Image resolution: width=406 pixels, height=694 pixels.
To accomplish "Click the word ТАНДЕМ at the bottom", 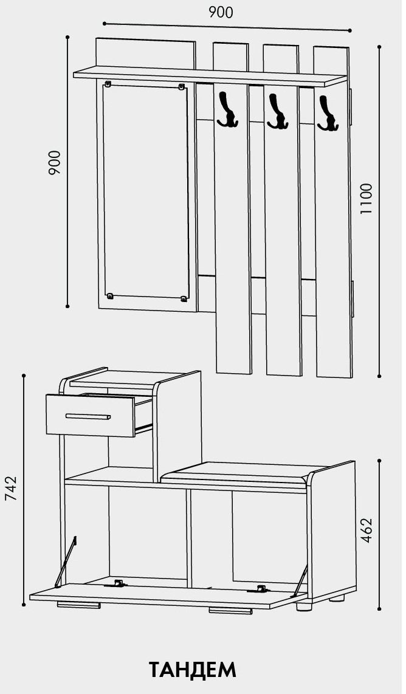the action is pos(193,670).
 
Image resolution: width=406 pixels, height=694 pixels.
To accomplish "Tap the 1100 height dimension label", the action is pos(366,199).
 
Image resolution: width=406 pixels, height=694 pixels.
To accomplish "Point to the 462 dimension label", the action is pos(366,531).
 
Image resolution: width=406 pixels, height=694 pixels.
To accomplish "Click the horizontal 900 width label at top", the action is pos(221,12).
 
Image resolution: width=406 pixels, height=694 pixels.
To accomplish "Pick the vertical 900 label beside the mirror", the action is pos(54,162).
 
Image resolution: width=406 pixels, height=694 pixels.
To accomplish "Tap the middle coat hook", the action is pos(278,111).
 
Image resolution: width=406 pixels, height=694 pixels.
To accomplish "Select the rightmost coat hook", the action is pos(328,113).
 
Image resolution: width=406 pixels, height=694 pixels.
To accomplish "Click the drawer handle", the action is pos(88,416).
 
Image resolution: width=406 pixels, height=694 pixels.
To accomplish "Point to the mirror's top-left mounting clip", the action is pos(108,83).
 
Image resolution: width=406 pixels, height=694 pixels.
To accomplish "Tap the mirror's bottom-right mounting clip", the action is pos(184,299).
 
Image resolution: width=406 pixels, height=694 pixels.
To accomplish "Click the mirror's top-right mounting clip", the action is pos(181,86).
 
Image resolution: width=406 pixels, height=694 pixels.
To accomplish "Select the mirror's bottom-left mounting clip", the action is pos(110,295).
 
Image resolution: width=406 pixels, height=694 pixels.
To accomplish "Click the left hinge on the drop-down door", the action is pos(117,584).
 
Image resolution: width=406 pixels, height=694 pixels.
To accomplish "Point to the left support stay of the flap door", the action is pos(66,562).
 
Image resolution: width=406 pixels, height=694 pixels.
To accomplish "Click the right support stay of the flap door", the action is pos(300,582).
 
